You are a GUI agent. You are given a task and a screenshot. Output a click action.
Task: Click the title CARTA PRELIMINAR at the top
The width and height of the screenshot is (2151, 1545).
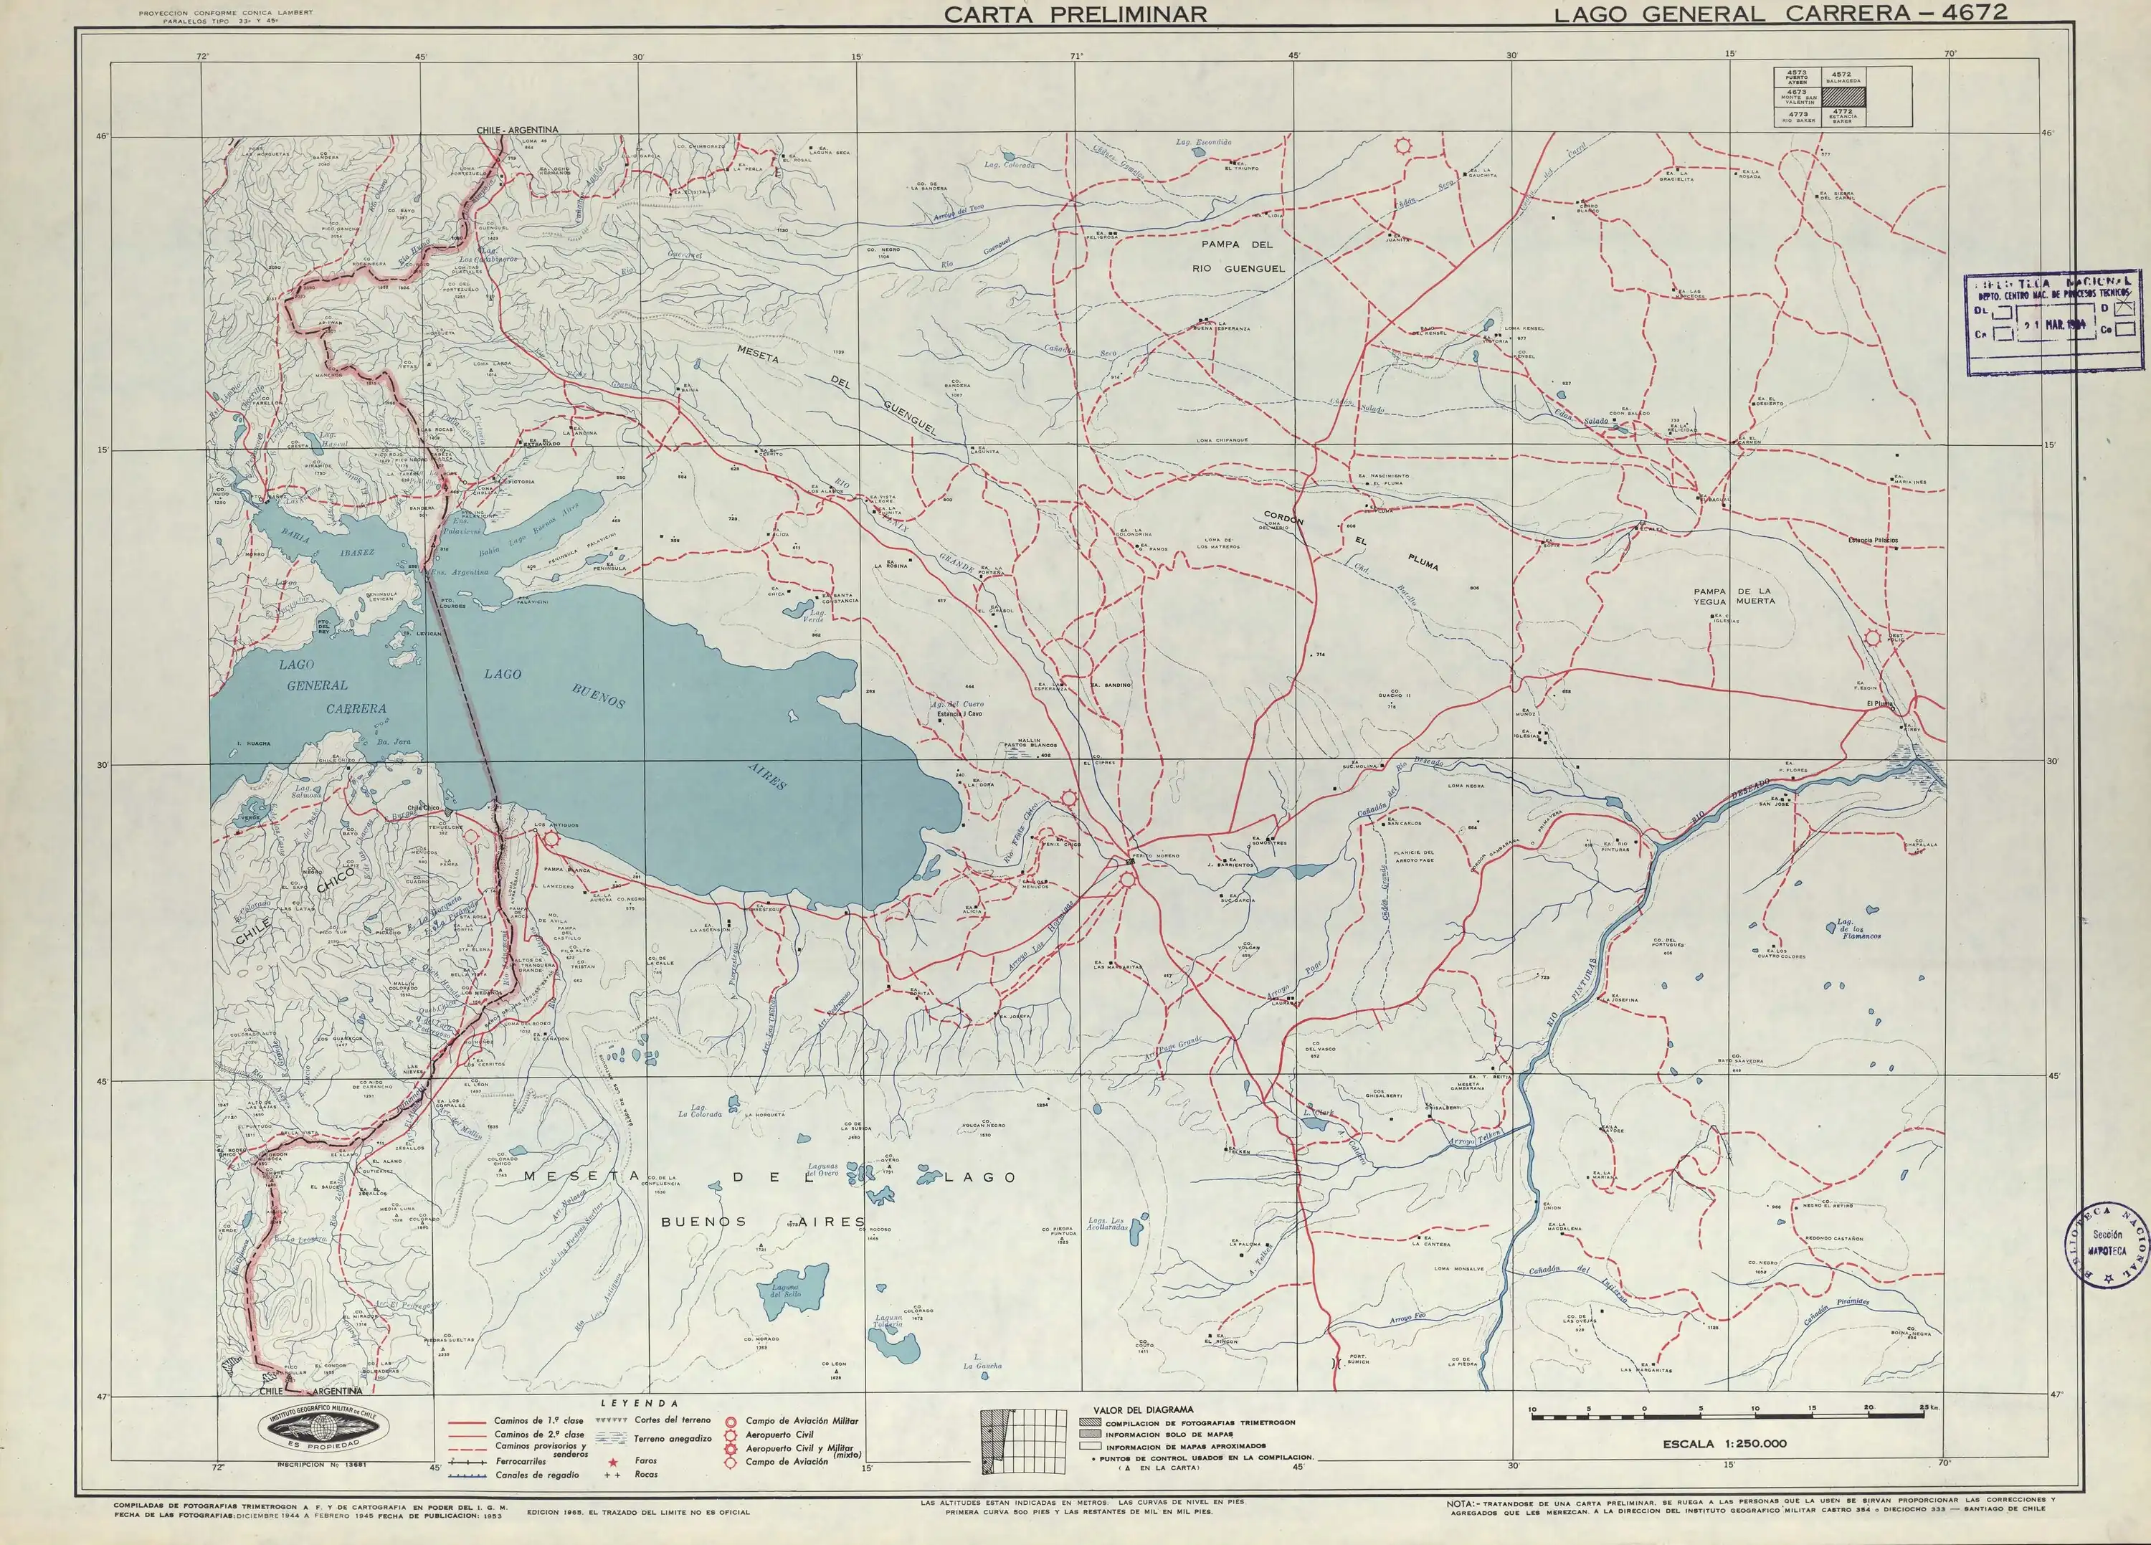click(1075, 14)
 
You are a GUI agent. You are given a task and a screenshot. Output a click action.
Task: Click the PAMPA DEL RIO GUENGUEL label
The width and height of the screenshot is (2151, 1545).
click(1252, 256)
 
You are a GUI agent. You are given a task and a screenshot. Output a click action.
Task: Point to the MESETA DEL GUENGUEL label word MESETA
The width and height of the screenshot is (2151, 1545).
click(758, 353)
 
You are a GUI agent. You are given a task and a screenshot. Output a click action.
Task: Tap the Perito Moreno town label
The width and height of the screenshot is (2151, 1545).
click(1156, 855)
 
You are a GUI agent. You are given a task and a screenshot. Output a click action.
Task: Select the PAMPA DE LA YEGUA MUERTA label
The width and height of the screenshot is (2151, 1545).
click(1734, 596)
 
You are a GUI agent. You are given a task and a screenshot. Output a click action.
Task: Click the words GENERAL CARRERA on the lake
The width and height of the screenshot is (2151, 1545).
click(337, 696)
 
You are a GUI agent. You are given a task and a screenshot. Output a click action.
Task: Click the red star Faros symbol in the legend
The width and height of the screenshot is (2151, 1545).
click(612, 1460)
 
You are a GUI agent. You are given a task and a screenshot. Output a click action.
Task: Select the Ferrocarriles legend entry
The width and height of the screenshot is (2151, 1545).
click(520, 1462)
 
